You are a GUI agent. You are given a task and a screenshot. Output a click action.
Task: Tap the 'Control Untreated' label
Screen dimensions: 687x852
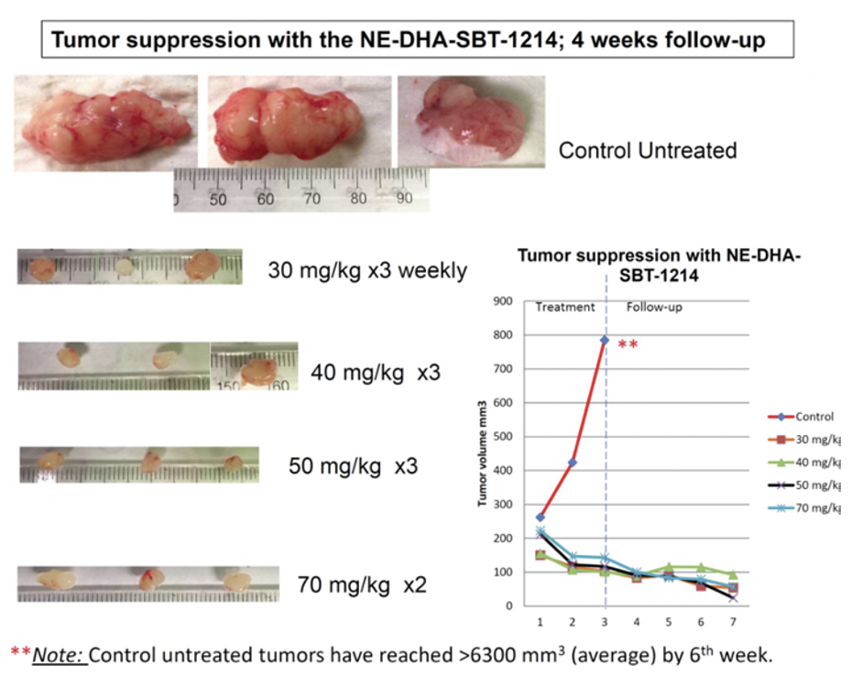click(x=648, y=150)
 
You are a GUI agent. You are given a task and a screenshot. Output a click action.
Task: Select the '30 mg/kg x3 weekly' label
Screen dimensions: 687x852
click(x=367, y=270)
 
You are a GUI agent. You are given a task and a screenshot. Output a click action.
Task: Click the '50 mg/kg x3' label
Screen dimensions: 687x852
click(x=353, y=465)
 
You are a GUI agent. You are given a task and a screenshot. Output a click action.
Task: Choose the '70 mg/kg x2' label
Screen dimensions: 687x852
click(x=362, y=583)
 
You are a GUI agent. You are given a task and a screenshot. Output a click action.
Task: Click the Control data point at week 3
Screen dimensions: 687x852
click(x=605, y=340)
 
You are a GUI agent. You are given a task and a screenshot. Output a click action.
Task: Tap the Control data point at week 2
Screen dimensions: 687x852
click(x=572, y=463)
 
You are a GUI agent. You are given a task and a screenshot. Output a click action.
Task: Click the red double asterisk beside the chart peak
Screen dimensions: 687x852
click(x=627, y=345)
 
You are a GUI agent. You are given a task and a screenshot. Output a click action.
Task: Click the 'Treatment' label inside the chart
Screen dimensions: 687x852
click(x=565, y=308)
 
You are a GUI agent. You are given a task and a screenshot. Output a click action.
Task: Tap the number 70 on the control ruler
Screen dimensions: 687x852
click(x=311, y=198)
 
